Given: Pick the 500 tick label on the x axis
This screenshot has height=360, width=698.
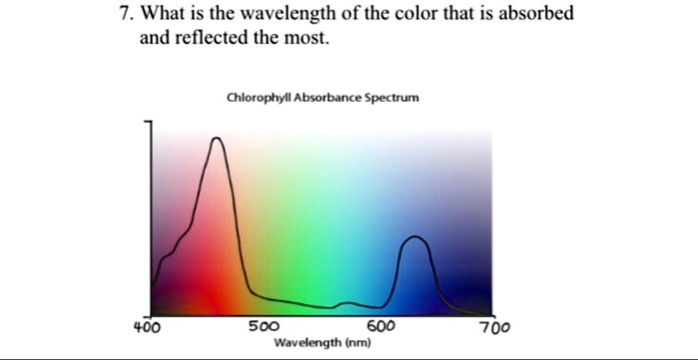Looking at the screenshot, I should click(263, 326).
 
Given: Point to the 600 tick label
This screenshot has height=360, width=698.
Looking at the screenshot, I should click(381, 326).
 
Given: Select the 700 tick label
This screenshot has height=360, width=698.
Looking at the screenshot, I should click(494, 326).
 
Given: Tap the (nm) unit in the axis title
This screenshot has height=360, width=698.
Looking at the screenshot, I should click(357, 342).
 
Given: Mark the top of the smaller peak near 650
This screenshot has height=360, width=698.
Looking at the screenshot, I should click(416, 237).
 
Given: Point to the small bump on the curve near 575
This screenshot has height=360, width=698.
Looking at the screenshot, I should click(345, 301).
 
